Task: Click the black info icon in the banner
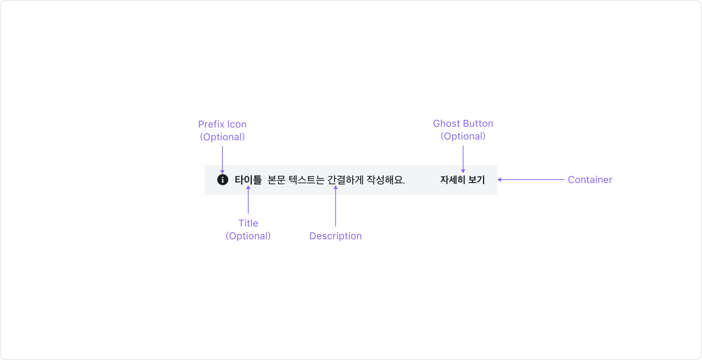pyautogui.click(x=223, y=180)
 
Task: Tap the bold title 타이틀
pyautogui.click(x=248, y=180)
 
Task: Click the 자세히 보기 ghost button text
pyautogui.click(x=462, y=180)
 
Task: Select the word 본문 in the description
pyautogui.click(x=276, y=180)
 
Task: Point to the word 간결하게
pyautogui.click(x=345, y=180)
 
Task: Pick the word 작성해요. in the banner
pyautogui.click(x=385, y=180)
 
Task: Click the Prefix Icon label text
pyautogui.click(x=222, y=124)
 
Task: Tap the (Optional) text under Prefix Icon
pyautogui.click(x=222, y=137)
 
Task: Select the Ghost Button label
pyautogui.click(x=463, y=123)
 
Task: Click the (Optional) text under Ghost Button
pyautogui.click(x=463, y=136)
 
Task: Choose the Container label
pyautogui.click(x=590, y=180)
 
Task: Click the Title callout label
pyautogui.click(x=248, y=223)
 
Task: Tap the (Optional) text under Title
pyautogui.click(x=248, y=236)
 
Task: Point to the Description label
pyautogui.click(x=336, y=236)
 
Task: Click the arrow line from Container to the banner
pyautogui.click(x=531, y=180)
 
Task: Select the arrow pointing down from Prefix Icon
pyautogui.click(x=222, y=159)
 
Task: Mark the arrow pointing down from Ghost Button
pyautogui.click(x=463, y=159)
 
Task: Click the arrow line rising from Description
pyautogui.click(x=336, y=206)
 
